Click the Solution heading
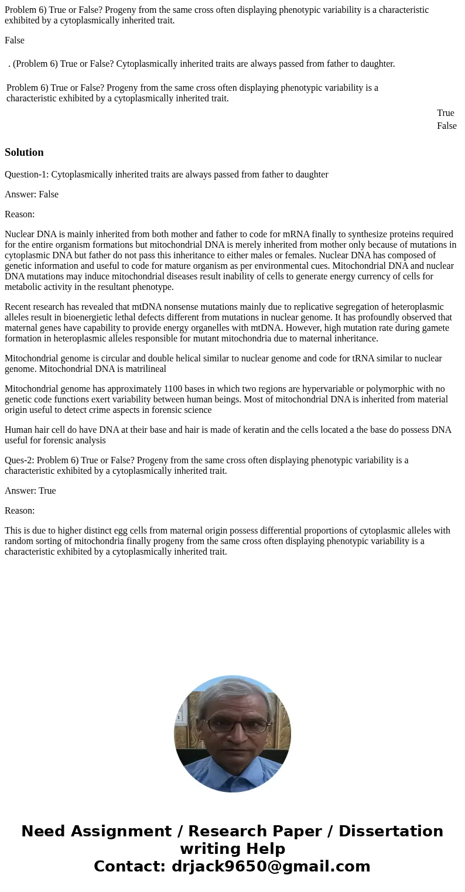24,152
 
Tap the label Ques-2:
20,460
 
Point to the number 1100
173,388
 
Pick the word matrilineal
145,368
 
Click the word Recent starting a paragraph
19,306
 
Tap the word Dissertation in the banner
391,831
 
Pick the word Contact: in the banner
129,866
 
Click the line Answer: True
30,490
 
